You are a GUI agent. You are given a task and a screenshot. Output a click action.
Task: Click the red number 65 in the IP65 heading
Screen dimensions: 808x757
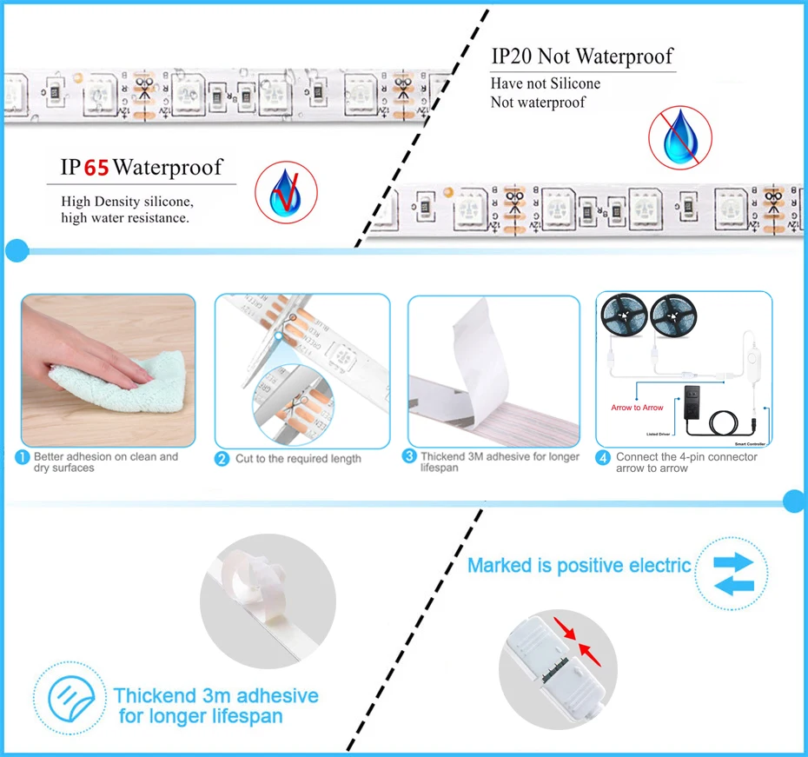[96, 167]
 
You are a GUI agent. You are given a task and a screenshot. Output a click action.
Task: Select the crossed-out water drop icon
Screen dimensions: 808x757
[679, 137]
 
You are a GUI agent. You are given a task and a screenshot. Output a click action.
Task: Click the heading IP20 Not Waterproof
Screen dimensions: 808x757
[581, 57]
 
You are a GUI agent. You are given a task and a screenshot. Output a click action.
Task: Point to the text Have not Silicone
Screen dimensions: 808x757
[545, 83]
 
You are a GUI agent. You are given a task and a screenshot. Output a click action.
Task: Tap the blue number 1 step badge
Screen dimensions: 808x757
[23, 457]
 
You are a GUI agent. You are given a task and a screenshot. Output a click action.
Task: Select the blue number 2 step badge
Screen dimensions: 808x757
[222, 458]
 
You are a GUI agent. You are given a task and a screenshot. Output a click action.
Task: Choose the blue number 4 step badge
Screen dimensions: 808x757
[603, 457]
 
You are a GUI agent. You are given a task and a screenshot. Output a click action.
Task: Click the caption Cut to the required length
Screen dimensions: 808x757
[298, 459]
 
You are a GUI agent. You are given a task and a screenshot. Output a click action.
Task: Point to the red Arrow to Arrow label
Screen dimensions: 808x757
[637, 408]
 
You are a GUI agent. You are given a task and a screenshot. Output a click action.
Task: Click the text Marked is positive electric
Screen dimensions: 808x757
[579, 566]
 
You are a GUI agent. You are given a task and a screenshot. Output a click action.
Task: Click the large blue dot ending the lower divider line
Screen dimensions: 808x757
[794, 501]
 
